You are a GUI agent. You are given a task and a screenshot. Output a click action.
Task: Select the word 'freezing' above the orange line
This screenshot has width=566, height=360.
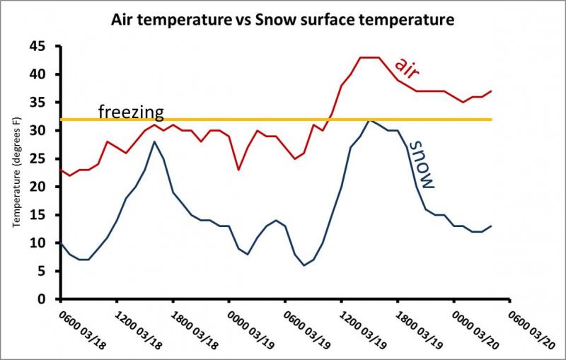pos(131,111)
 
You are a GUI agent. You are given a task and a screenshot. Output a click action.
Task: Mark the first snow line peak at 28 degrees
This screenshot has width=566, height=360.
pos(154,141)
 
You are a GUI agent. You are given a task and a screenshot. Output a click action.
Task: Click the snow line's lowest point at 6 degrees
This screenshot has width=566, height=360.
pos(304,265)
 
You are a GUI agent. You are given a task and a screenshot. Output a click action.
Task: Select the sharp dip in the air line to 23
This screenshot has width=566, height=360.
pos(238,170)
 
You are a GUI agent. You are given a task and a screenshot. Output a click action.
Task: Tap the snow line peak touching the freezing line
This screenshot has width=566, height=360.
pos(369,120)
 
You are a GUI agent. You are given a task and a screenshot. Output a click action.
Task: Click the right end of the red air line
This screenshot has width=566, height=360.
pos(491,91)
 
